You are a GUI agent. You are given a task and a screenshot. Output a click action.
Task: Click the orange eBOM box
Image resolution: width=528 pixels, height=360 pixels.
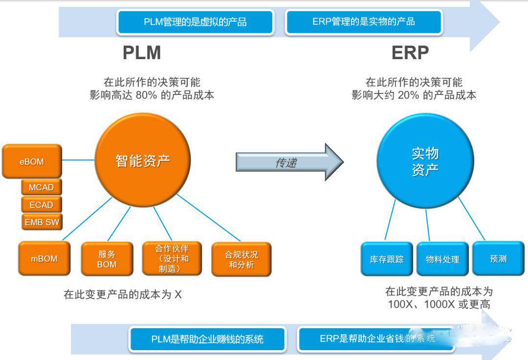[x=32, y=161]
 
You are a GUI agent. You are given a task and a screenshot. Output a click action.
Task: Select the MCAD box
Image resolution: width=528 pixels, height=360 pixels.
[x=41, y=187]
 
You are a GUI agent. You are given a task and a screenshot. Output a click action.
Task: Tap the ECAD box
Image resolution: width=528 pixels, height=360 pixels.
[x=41, y=205]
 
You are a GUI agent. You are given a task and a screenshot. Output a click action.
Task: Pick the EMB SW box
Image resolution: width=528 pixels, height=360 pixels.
[x=42, y=222]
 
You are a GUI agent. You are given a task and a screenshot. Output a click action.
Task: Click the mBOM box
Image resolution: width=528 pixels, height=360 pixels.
[x=44, y=259]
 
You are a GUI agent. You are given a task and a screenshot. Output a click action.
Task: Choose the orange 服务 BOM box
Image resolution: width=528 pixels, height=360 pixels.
[x=107, y=259]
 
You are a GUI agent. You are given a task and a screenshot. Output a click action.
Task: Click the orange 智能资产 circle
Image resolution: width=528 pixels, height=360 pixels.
[x=142, y=160]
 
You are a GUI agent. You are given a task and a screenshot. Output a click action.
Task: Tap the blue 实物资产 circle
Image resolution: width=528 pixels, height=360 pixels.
[x=424, y=161]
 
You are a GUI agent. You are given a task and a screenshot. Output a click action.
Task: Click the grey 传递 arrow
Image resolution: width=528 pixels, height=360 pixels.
[x=288, y=162]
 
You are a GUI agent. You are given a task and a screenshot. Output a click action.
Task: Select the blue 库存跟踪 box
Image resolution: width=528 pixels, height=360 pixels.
[x=387, y=259]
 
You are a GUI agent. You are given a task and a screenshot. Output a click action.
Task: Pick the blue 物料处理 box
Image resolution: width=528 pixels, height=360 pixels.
[x=442, y=259]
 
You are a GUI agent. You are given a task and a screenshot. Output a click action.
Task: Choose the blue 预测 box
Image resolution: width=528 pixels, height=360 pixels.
[x=498, y=258]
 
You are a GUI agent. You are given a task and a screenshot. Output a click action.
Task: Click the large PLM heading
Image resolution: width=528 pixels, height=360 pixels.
[x=142, y=53]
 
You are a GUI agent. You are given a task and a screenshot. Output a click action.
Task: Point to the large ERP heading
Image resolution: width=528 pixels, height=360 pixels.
[x=410, y=53]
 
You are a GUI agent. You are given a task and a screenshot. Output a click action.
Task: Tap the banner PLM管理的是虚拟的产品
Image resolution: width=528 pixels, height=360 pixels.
[x=195, y=22]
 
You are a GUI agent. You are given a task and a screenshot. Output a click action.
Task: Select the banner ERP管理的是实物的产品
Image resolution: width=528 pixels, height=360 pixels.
[x=363, y=22]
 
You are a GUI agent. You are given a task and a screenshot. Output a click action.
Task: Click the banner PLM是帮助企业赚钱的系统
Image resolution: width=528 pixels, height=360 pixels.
[x=207, y=339]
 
